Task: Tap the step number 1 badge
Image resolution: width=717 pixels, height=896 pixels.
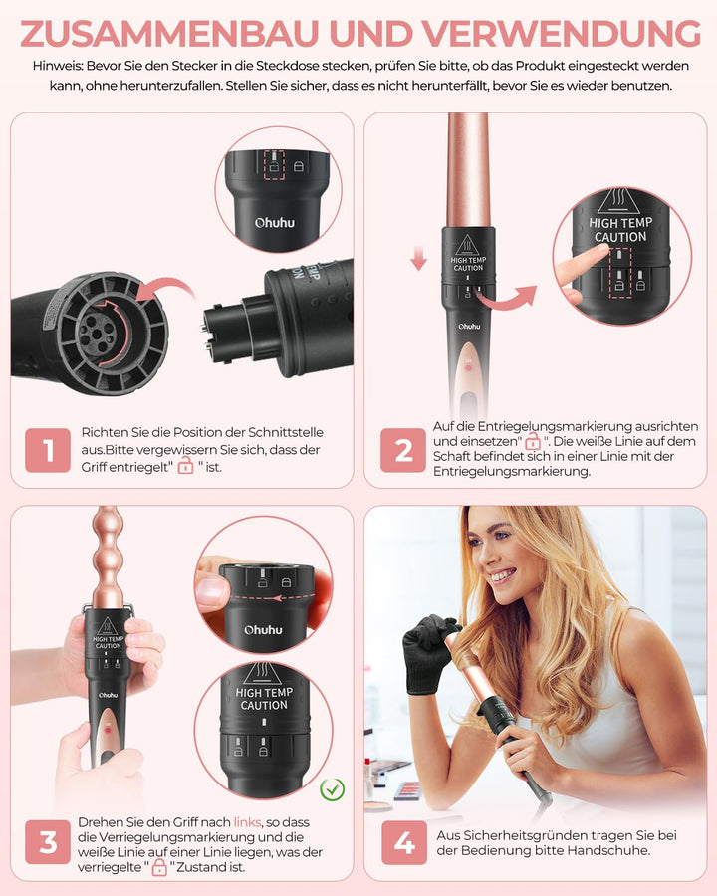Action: point(48,450)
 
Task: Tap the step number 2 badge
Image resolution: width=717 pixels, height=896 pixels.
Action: point(403,450)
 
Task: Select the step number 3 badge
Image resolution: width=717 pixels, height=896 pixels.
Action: point(48,843)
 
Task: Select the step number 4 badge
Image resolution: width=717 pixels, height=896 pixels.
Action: point(403,843)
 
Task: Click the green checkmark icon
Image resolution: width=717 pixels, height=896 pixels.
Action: point(332,791)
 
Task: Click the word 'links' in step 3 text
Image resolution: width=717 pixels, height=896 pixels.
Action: point(247,822)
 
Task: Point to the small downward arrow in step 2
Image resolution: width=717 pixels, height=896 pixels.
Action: point(418,262)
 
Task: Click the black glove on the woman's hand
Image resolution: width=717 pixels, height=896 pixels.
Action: point(431,652)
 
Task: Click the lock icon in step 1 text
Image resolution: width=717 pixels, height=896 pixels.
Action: point(185,466)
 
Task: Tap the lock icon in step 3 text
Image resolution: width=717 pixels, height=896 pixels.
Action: point(159,868)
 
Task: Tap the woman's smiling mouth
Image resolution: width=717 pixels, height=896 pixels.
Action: point(504,575)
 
